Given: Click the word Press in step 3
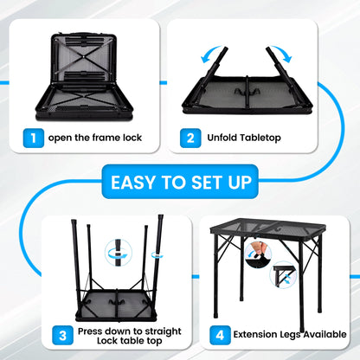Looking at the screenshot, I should tap(92, 331).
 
